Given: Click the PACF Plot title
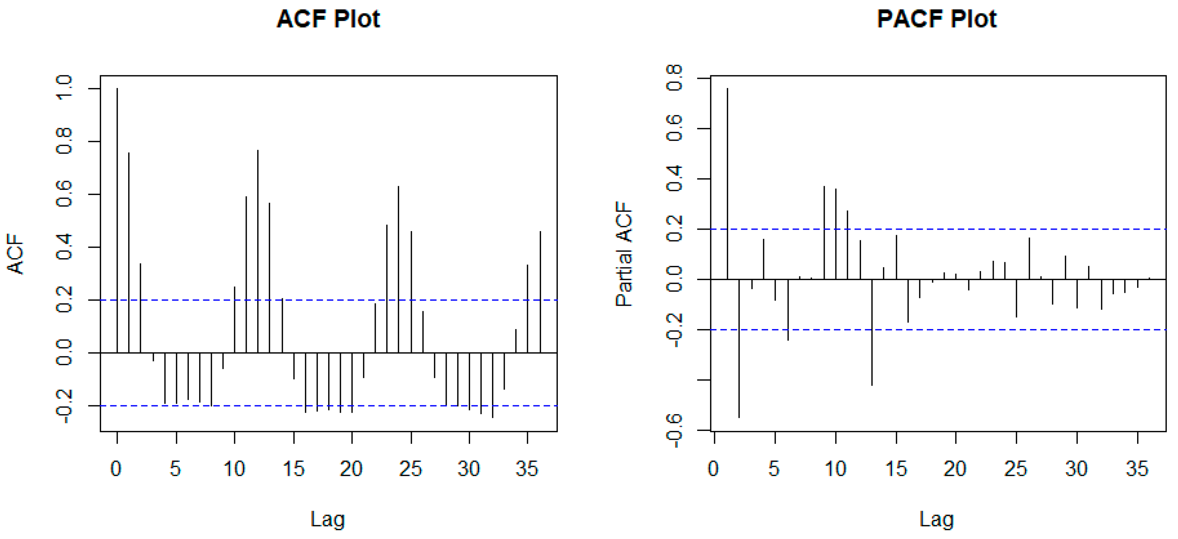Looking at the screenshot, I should (936, 19).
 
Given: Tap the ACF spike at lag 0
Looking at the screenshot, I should (117, 220).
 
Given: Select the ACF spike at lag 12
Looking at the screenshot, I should (258, 251).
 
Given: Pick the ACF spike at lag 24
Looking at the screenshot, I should (398, 270).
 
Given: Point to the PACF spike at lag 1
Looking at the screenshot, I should (727, 183).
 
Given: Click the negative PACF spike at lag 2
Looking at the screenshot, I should (739, 347).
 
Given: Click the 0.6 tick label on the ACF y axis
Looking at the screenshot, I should (64, 194).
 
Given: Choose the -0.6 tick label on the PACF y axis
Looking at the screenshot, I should (675, 430).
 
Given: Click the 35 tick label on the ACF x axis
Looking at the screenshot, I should (527, 469).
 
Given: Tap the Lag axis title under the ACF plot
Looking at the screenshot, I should (327, 519).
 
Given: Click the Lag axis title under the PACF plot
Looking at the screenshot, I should (936, 519).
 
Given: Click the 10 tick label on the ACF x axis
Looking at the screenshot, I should (234, 469).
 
